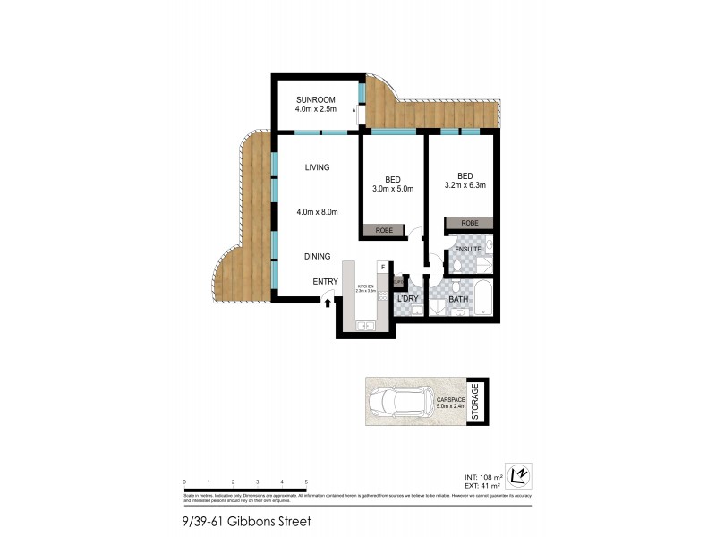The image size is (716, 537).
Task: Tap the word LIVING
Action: (317, 167)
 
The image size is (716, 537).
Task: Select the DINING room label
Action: (317, 257)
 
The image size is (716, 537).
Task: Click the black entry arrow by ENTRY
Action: (328, 303)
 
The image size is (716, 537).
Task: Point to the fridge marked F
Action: (383, 267)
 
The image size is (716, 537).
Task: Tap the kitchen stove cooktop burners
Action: (382, 299)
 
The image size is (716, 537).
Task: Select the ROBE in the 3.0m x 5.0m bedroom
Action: (384, 231)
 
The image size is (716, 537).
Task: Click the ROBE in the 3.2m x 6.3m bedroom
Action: (469, 223)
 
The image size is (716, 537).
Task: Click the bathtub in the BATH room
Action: (482, 299)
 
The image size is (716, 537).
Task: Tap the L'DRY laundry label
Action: (409, 298)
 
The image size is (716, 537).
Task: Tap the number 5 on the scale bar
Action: (306, 482)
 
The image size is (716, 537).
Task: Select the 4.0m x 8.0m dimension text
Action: (317, 212)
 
